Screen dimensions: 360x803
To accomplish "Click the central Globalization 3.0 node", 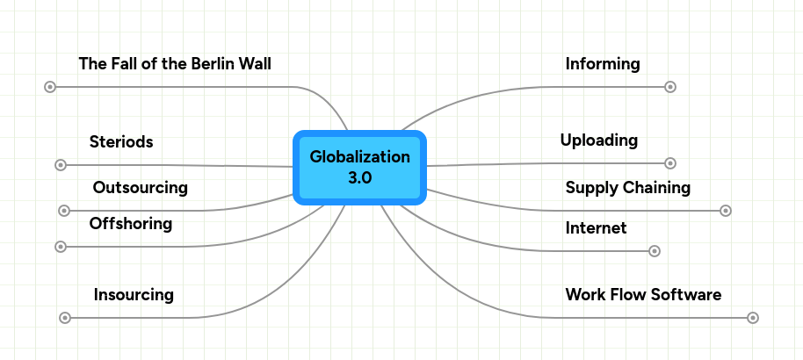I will click(359, 167).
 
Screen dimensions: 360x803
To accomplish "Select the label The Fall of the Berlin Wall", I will click(175, 64).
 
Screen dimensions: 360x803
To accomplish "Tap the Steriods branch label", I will click(121, 142).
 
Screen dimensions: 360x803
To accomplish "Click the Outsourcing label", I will click(140, 187).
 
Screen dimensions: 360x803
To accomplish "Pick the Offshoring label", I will click(130, 224).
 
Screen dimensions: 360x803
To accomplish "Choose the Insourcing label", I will click(134, 295).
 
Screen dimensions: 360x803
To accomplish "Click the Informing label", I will click(602, 64).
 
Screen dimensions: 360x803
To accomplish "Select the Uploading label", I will click(598, 140).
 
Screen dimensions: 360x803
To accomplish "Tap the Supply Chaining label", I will click(627, 188).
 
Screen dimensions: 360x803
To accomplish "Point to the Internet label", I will click(596, 228).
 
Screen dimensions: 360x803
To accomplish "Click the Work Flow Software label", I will click(643, 295).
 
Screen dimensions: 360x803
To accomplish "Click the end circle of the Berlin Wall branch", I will click(50, 87).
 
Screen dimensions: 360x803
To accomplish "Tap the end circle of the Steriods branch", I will click(61, 164).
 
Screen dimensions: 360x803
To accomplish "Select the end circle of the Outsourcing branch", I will click(63, 211).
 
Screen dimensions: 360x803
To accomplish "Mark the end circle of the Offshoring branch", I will click(60, 247).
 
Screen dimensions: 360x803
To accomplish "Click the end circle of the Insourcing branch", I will click(65, 318).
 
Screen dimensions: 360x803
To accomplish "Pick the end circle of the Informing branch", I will click(670, 87).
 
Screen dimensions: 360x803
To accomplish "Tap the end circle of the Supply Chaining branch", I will click(726, 211).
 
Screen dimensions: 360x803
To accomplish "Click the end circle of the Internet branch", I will click(654, 251).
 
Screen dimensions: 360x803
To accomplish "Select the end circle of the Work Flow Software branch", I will click(753, 318).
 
